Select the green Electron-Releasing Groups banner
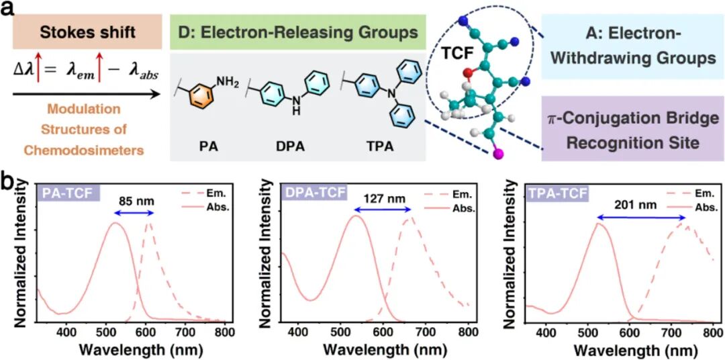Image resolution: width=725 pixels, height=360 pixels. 296,32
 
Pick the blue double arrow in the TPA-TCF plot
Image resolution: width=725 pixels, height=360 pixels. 641,217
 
